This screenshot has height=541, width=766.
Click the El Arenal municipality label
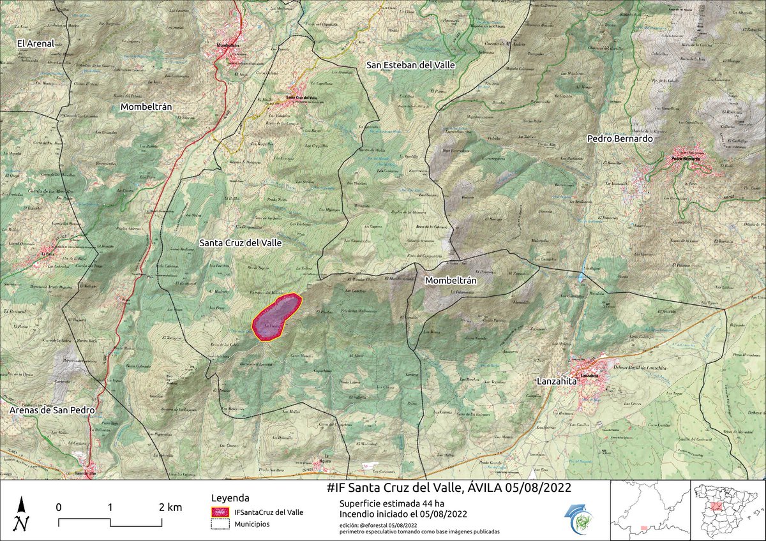click(35, 43)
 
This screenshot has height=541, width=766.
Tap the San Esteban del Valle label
click(412, 65)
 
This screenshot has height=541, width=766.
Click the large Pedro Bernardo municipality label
click(620, 138)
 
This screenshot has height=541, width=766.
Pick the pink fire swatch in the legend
click(220, 512)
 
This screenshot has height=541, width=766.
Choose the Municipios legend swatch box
click(220, 524)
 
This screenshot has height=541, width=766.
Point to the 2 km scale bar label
click(169, 508)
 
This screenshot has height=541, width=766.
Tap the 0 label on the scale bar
click(58, 508)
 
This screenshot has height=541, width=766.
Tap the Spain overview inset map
click(728, 510)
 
